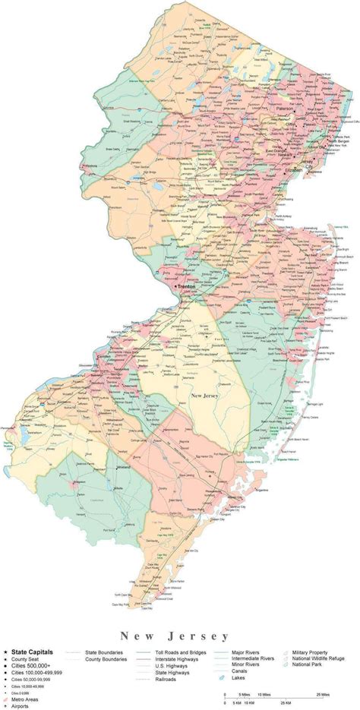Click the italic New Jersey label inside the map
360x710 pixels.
click(x=206, y=396)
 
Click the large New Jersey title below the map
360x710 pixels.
click(x=179, y=612)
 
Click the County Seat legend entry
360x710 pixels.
click(x=27, y=639)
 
